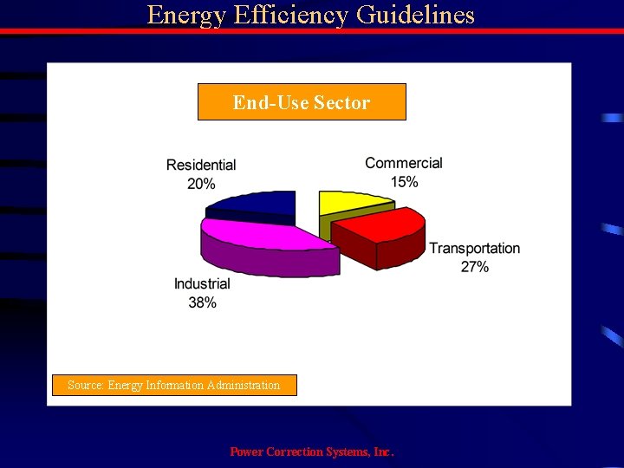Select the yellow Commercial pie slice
[351, 203]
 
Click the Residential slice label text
[201, 165]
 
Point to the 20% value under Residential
[201, 184]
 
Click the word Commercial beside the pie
[404, 163]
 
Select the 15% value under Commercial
[404, 182]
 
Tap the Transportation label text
[475, 249]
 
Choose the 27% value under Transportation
[475, 267]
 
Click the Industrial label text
[202, 284]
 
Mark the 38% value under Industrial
[202, 302]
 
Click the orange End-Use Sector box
[302, 102]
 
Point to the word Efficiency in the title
[286, 16]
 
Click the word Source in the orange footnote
[84, 385]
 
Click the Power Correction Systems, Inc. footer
[312, 452]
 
